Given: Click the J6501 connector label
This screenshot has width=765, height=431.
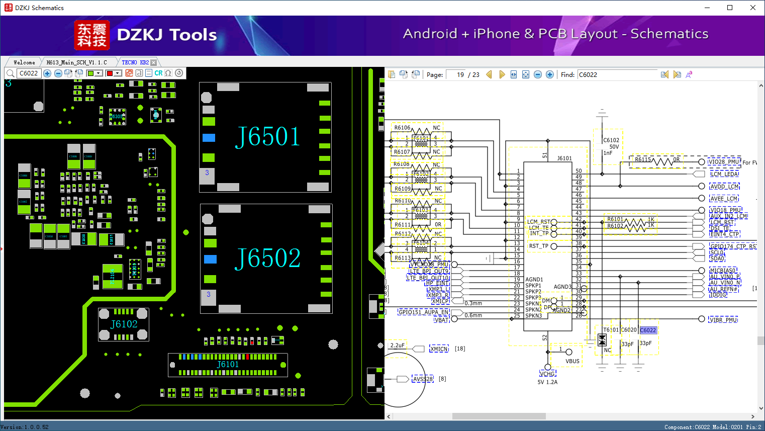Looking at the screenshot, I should pyautogui.click(x=267, y=137).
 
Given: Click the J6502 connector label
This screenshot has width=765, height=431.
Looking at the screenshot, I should pyautogui.click(x=267, y=258).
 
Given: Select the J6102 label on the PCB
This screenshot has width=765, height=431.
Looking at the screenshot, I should pyautogui.click(x=124, y=324).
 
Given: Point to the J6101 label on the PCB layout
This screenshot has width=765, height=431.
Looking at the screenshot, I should pyautogui.click(x=228, y=364).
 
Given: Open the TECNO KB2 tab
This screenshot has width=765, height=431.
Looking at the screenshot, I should pyautogui.click(x=135, y=62).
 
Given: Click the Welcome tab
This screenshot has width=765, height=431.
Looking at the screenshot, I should pyautogui.click(x=24, y=62).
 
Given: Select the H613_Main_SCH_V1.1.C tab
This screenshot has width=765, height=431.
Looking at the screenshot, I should pyautogui.click(x=76, y=62).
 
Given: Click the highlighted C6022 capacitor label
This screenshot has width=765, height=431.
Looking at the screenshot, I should pyautogui.click(x=648, y=330).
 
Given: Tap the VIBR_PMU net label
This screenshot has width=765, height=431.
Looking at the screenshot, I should pyautogui.click(x=723, y=320).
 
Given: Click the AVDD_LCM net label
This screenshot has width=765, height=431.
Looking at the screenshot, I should pyautogui.click(x=724, y=187).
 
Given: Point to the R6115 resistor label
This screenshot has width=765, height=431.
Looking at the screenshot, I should pyautogui.click(x=642, y=159).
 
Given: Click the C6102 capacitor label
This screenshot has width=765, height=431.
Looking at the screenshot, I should pyautogui.click(x=611, y=140).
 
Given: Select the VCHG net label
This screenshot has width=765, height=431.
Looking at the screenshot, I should pyautogui.click(x=547, y=374).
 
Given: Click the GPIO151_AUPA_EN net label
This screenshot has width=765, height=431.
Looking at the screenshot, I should pyautogui.click(x=423, y=312).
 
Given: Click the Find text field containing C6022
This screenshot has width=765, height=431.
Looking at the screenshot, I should pyautogui.click(x=617, y=74).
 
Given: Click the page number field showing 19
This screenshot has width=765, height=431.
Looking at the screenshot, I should pyautogui.click(x=456, y=74).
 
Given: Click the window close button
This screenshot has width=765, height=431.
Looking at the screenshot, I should pyautogui.click(x=752, y=8).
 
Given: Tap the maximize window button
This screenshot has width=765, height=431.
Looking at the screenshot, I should pyautogui.click(x=730, y=8).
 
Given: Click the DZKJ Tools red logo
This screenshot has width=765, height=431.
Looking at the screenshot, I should pyautogui.click(x=92, y=35).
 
